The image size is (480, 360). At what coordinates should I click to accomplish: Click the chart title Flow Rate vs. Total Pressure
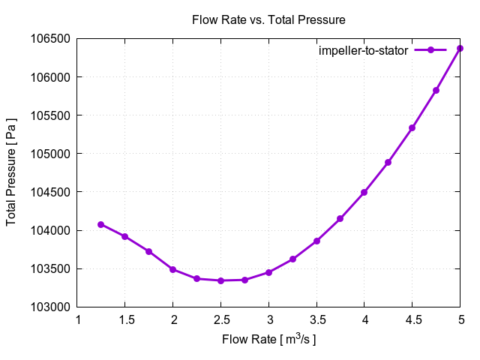tap(268, 20)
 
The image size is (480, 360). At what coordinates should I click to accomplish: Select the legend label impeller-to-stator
tap(362, 50)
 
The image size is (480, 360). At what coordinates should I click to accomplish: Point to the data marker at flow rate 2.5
tap(220, 280)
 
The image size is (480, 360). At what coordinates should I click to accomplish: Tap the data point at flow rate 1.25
tap(101, 224)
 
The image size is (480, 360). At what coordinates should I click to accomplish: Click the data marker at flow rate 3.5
tap(316, 241)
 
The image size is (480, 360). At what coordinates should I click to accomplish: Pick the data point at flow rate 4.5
tap(412, 127)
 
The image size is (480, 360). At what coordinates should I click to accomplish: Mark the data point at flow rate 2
tap(173, 269)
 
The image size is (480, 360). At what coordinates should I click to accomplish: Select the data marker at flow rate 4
tap(364, 192)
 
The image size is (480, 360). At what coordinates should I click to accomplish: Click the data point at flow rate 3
tap(268, 272)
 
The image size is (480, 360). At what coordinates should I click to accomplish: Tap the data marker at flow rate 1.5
tap(125, 236)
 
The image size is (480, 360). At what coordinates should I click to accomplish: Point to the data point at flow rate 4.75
tap(436, 90)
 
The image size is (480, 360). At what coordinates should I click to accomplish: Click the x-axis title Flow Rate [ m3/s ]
tap(268, 340)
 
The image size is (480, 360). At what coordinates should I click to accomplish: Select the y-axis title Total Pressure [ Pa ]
tap(12, 172)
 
